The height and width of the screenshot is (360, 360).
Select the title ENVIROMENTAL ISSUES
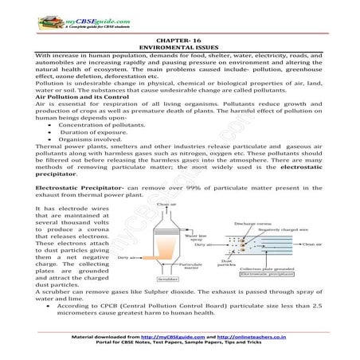tap(180, 48)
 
